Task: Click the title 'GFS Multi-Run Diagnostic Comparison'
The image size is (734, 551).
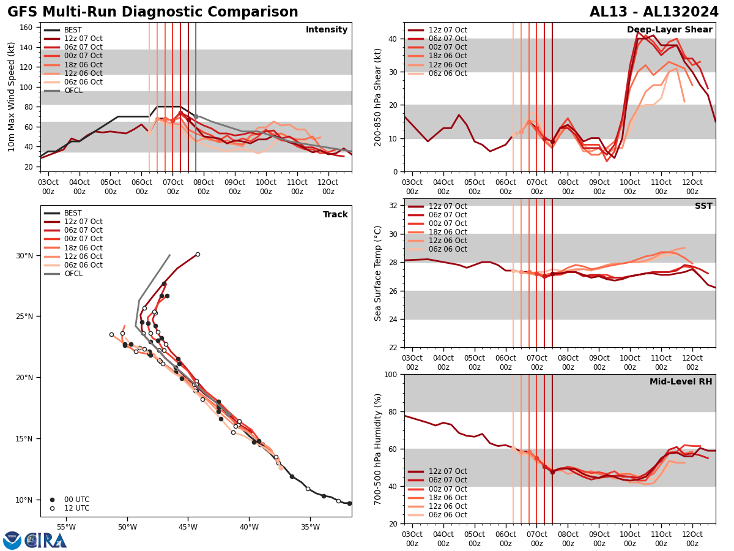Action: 152,12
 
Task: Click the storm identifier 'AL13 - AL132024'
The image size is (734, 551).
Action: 654,12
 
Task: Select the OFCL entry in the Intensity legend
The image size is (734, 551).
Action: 73,91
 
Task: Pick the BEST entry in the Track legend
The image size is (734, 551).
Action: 73,214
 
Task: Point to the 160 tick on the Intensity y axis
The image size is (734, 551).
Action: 27,28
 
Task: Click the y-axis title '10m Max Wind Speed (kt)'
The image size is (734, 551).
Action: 11,97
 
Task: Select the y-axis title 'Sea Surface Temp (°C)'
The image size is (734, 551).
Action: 379,273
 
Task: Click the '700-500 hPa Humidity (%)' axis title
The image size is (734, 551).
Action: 379,449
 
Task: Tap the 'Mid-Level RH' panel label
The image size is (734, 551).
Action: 680,382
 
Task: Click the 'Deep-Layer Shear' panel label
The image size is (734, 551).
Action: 669,30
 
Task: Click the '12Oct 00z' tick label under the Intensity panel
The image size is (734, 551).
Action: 328,187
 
